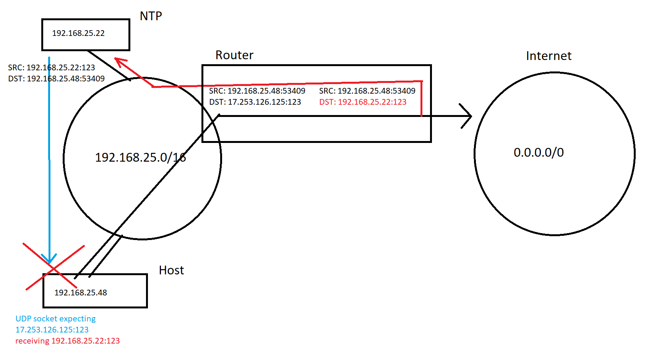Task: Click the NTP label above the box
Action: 151,16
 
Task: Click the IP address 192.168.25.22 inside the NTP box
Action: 78,33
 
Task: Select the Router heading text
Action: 234,55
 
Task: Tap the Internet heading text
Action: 549,56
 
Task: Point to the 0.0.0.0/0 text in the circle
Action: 539,152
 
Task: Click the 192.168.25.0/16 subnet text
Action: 140,157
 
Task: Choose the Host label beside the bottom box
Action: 171,271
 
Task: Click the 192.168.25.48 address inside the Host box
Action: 81,293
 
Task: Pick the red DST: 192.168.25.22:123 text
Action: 363,102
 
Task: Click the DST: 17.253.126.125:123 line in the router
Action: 255,102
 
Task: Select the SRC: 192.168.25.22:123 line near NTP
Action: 52,68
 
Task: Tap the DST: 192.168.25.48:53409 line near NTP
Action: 56,79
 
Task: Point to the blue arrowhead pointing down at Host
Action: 49,259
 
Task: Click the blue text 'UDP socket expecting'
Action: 55,319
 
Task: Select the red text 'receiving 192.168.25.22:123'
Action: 67,341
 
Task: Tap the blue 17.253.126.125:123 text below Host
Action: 52,330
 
